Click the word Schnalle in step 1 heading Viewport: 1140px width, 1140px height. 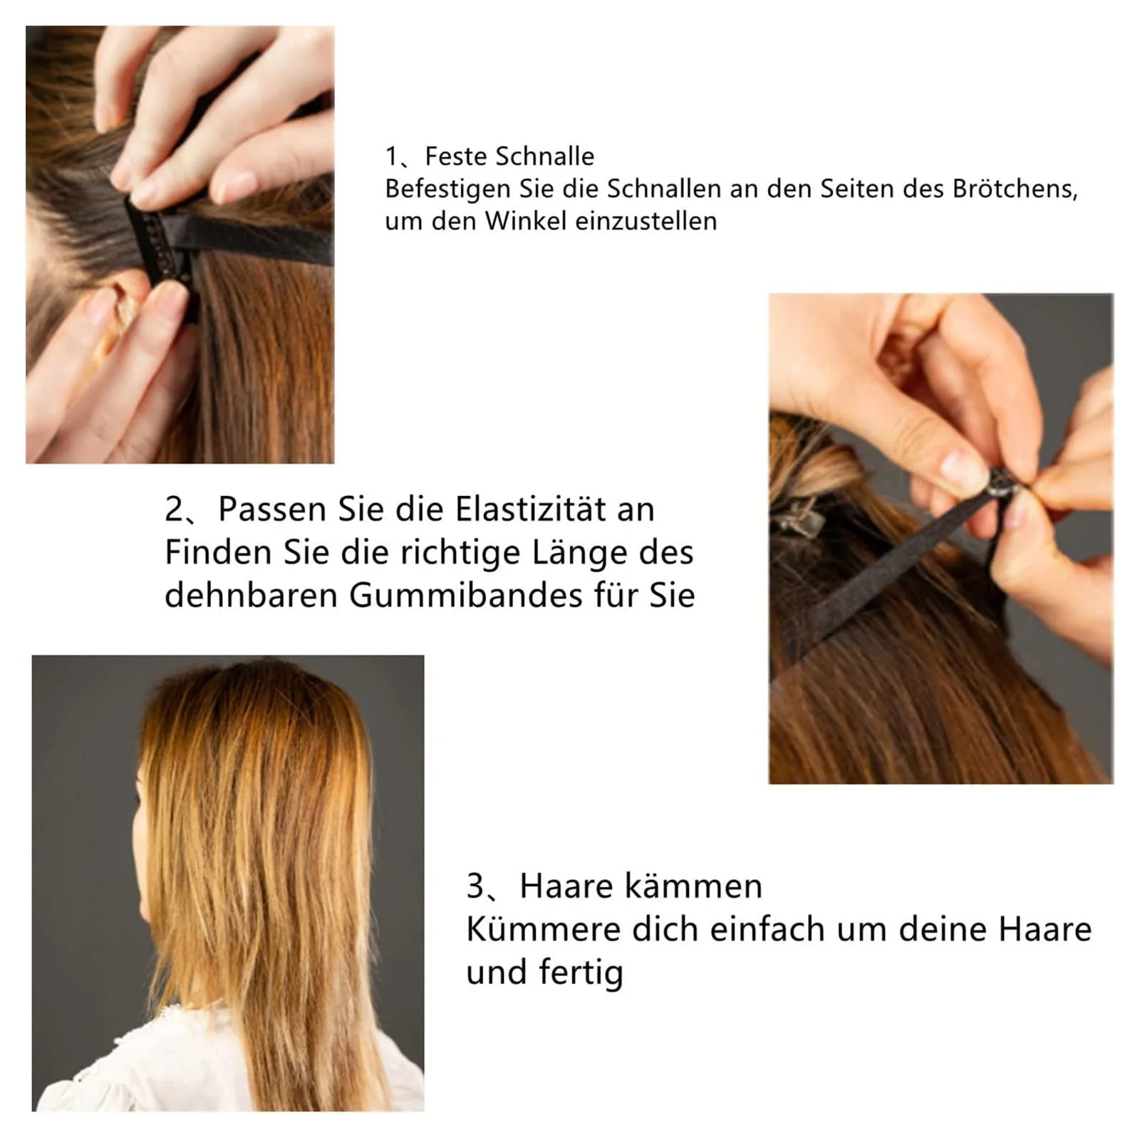tap(544, 156)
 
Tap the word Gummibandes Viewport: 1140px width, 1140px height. tap(465, 596)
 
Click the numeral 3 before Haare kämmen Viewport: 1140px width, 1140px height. tap(475, 886)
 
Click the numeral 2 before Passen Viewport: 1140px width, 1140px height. tap(174, 509)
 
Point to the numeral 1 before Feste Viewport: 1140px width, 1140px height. tap(391, 156)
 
